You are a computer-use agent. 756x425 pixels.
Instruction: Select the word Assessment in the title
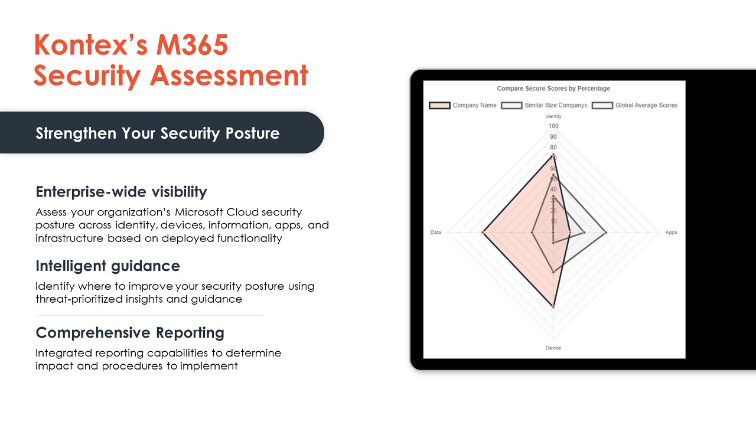pyautogui.click(x=229, y=76)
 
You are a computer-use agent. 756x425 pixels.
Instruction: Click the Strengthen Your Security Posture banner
pyautogui.click(x=158, y=133)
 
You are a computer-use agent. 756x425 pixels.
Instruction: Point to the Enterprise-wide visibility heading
pyautogui.click(x=121, y=192)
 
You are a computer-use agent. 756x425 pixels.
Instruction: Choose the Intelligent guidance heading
pyautogui.click(x=107, y=266)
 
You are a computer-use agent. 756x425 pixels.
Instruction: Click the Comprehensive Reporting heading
pyautogui.click(x=130, y=333)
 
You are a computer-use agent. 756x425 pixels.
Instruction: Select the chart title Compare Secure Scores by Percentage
pyautogui.click(x=553, y=89)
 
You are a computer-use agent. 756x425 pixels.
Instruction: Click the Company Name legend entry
pyautogui.click(x=464, y=106)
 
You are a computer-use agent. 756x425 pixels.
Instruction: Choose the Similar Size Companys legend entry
pyautogui.click(x=545, y=106)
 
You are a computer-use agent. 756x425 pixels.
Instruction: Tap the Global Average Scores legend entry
pyautogui.click(x=635, y=106)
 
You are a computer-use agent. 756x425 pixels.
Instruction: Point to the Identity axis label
pyautogui.click(x=553, y=116)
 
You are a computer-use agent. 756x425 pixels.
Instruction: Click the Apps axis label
pyautogui.click(x=671, y=233)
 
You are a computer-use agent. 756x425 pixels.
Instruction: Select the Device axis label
pyautogui.click(x=553, y=348)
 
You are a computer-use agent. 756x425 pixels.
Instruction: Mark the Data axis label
pyautogui.click(x=436, y=233)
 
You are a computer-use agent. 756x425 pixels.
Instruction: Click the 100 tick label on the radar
pyautogui.click(x=553, y=126)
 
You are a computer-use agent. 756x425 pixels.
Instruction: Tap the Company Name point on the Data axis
pyautogui.click(x=483, y=233)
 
